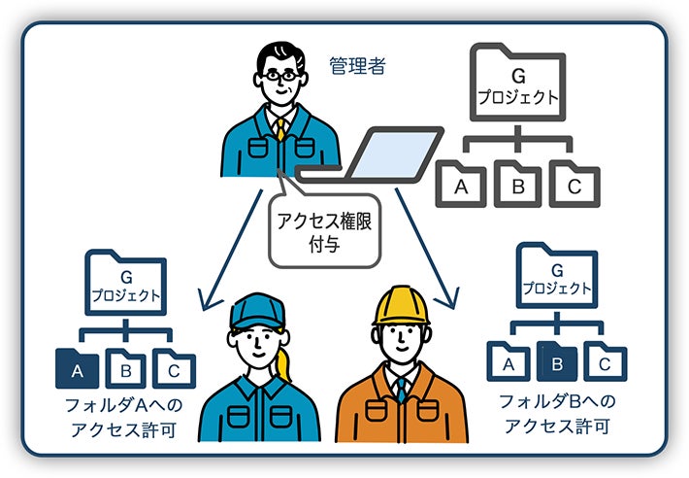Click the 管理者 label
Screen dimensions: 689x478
(358, 67)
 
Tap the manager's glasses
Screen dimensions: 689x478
(282, 74)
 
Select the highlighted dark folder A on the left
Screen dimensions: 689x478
(77, 368)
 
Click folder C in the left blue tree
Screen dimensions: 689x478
(173, 368)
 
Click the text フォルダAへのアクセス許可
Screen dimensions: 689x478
(122, 415)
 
